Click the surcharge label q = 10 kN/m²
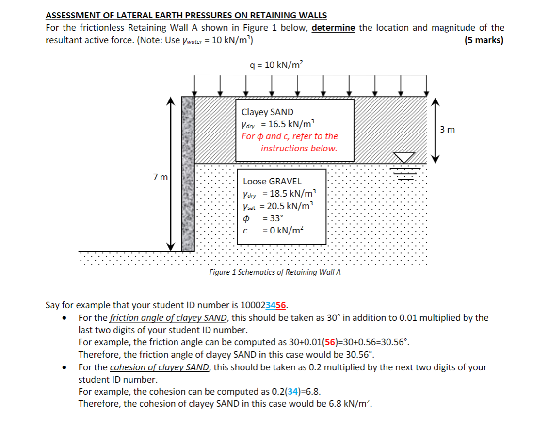(275, 65)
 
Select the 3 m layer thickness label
(447, 129)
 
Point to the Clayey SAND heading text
(267, 112)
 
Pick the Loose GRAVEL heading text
(272, 181)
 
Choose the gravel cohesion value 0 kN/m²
(283, 230)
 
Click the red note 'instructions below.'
(298, 149)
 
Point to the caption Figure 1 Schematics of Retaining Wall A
(274, 272)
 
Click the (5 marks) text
(484, 40)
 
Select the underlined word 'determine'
(333, 28)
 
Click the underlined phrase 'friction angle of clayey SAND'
(168, 318)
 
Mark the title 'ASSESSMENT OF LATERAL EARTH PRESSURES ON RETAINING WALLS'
(186, 16)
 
